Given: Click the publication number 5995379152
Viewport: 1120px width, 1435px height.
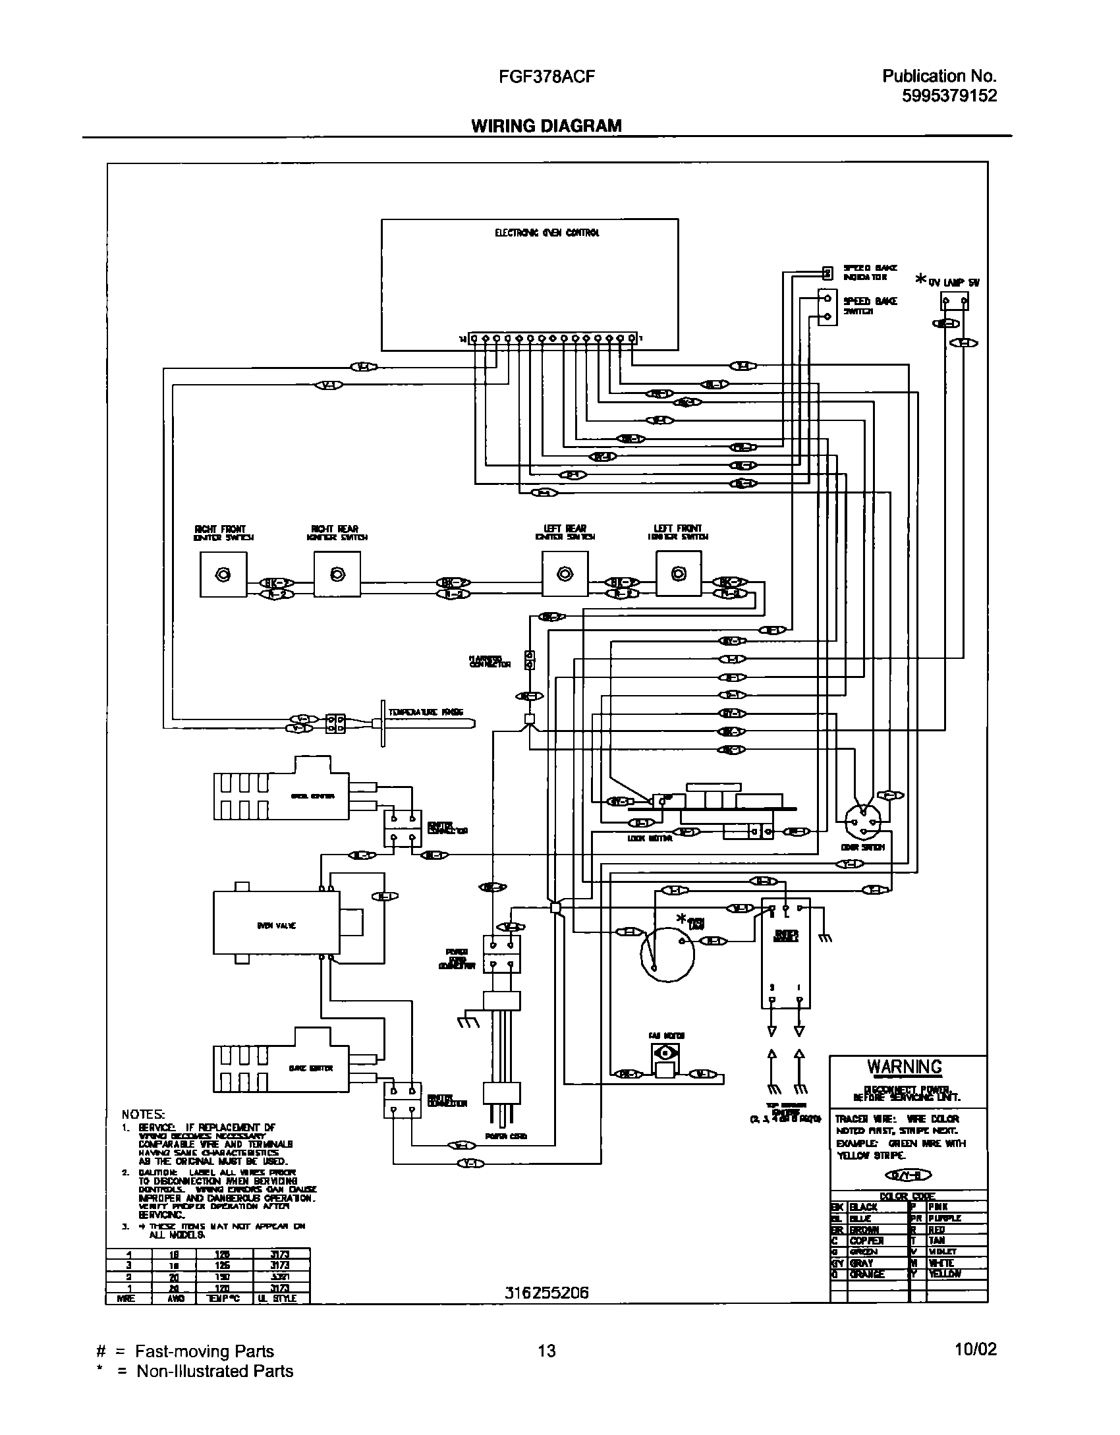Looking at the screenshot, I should pyautogui.click(x=949, y=96).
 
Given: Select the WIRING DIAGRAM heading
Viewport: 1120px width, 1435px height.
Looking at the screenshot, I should pyautogui.click(x=546, y=126).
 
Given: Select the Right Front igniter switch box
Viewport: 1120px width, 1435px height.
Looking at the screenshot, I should pyautogui.click(x=223, y=575).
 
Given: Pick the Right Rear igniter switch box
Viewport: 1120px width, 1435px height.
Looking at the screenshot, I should pyautogui.click(x=337, y=575).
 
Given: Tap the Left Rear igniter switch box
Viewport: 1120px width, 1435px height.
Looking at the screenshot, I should pyautogui.click(x=565, y=575).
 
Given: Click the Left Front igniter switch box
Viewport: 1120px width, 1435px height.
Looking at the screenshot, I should pyautogui.click(x=679, y=575).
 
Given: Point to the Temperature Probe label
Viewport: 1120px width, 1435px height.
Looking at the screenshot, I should pyautogui.click(x=426, y=712).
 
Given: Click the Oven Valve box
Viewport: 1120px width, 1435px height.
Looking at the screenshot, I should pyautogui.click(x=276, y=925).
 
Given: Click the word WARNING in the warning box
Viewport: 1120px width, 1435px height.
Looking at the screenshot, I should pyautogui.click(x=904, y=1067).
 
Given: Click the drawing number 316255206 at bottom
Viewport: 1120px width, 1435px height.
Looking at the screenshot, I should pyautogui.click(x=546, y=1293).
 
